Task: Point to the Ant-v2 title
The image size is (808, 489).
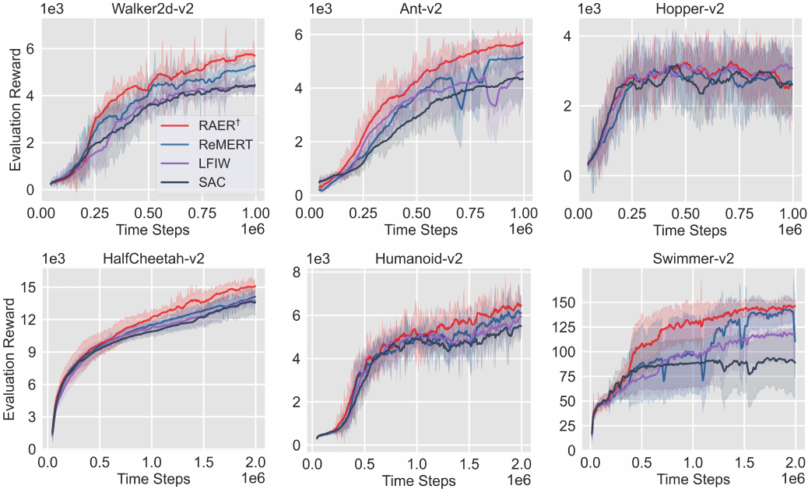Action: point(416,9)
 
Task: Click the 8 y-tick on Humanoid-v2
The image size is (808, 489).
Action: point(297,272)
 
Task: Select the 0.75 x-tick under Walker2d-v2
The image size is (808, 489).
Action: point(204,212)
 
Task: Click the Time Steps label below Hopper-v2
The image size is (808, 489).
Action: point(690,230)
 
